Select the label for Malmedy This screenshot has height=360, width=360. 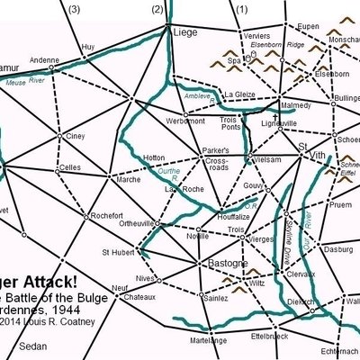[x=301, y=104]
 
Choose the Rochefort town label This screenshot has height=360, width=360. [x=106, y=214]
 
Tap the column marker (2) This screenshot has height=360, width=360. [x=159, y=9]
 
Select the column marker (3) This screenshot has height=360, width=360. [x=74, y=9]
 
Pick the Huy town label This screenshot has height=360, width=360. [x=87, y=46]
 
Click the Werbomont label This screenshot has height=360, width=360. [x=186, y=121]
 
